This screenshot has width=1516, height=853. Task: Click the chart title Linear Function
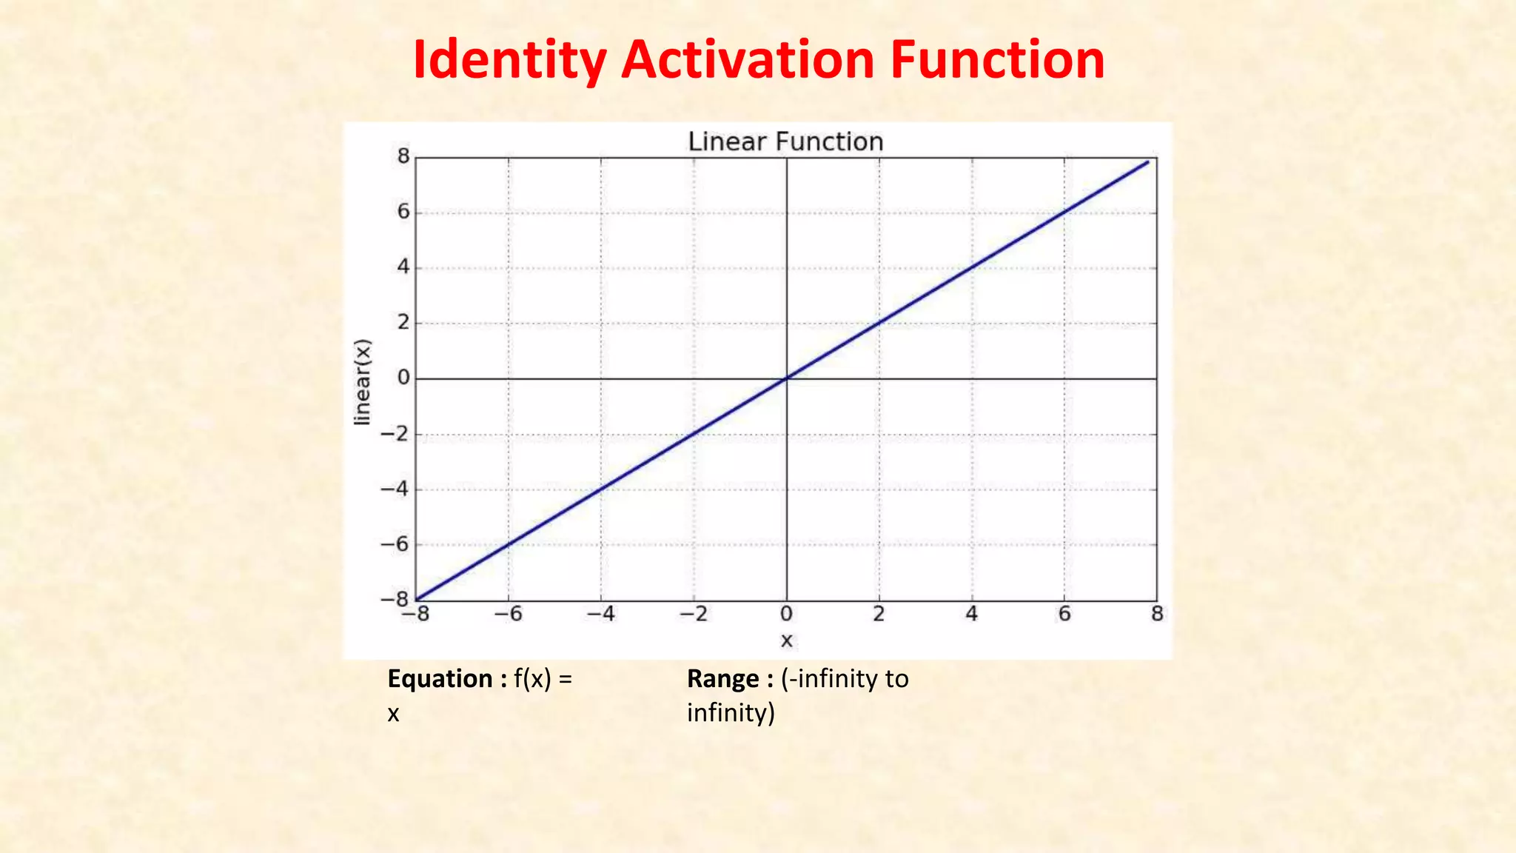coord(785,141)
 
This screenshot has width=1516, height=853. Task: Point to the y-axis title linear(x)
coord(362,382)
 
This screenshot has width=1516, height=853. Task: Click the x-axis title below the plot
coord(786,640)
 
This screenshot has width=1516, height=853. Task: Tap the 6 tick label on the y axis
coord(403,212)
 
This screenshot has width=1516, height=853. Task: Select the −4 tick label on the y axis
coord(395,489)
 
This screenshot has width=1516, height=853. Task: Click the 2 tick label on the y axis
coord(403,322)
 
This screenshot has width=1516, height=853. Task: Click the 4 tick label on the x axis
coord(971,614)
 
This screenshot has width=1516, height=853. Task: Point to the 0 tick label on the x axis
coord(786,614)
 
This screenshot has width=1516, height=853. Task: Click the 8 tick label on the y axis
coord(403,156)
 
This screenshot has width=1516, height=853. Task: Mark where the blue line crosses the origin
coord(786,378)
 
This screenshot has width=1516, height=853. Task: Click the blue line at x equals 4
coord(971,268)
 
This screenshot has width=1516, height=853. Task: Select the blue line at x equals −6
coord(509,544)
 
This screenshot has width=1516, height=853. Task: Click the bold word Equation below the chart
coord(440,678)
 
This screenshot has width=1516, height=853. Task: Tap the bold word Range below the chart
coord(722,678)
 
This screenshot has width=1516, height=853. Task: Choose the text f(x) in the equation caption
coord(532,678)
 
